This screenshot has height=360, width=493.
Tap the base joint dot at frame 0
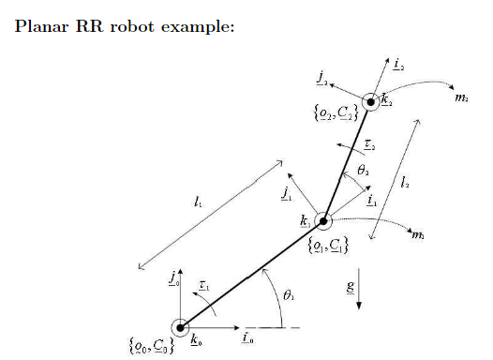(180, 327)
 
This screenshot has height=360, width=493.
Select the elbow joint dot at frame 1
(323, 222)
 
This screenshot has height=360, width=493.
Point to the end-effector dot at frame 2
(371, 101)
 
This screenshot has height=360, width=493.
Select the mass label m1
(418, 236)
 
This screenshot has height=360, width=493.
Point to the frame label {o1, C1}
(328, 247)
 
